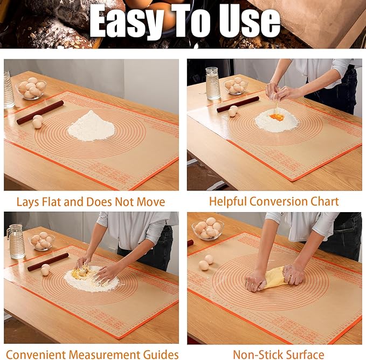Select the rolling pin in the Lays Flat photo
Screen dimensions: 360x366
pyautogui.click(x=40, y=112)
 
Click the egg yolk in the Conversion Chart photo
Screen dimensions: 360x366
pyautogui.click(x=277, y=117)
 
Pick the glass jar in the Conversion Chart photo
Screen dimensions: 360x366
pyautogui.click(x=213, y=83)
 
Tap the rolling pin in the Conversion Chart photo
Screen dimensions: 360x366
pyautogui.click(x=238, y=104)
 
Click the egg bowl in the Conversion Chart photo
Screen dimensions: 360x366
pyautogui.click(x=236, y=86)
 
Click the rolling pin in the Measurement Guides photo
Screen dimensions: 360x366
pyautogui.click(x=48, y=262)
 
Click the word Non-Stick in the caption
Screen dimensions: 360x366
pyautogui.click(x=257, y=355)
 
